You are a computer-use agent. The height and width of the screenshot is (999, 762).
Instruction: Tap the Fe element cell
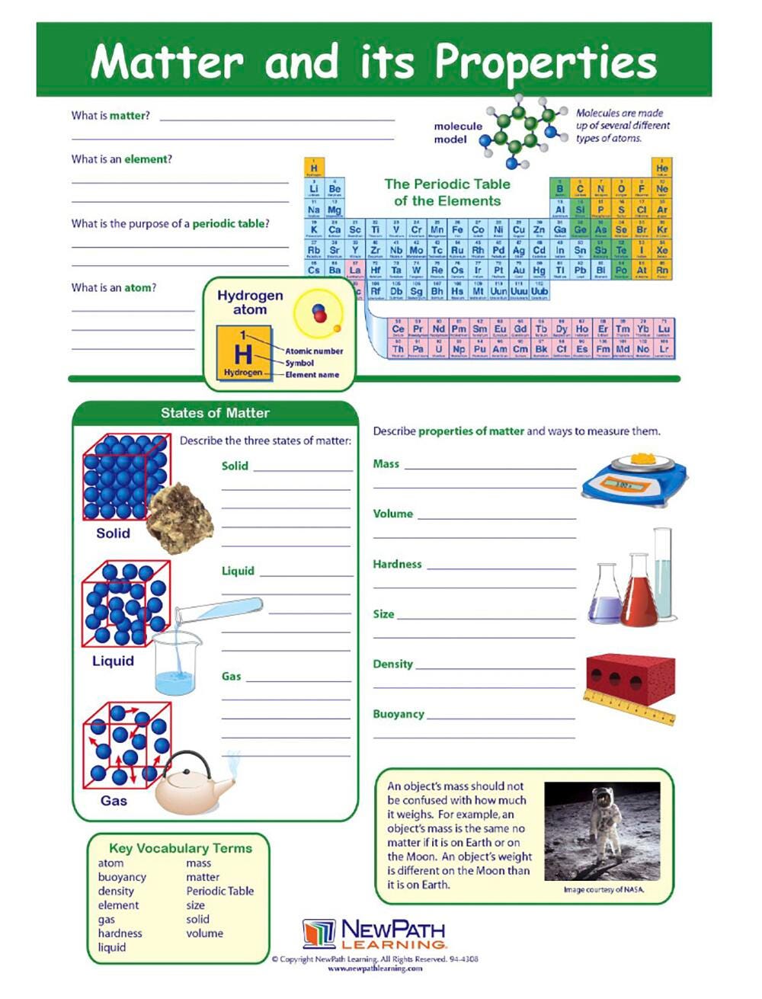click(457, 230)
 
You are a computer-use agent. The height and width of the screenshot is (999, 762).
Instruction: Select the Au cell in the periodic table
click(519, 271)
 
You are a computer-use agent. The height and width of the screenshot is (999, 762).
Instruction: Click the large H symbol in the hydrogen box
click(242, 354)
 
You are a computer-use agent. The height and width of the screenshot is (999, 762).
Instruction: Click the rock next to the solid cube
click(180, 517)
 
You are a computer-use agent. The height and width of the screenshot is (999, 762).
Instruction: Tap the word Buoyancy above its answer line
click(398, 714)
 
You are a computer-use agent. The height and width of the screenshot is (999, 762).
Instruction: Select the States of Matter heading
click(215, 413)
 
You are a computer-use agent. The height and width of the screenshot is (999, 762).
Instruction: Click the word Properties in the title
click(545, 62)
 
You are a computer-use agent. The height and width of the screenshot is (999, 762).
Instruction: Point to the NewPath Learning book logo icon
click(319, 933)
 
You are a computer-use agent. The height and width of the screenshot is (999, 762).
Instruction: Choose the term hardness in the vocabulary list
click(120, 933)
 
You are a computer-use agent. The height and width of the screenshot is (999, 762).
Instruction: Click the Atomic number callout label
click(314, 351)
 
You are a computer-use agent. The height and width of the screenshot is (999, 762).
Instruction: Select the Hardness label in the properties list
click(397, 565)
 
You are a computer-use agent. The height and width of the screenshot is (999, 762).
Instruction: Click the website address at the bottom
click(375, 969)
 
